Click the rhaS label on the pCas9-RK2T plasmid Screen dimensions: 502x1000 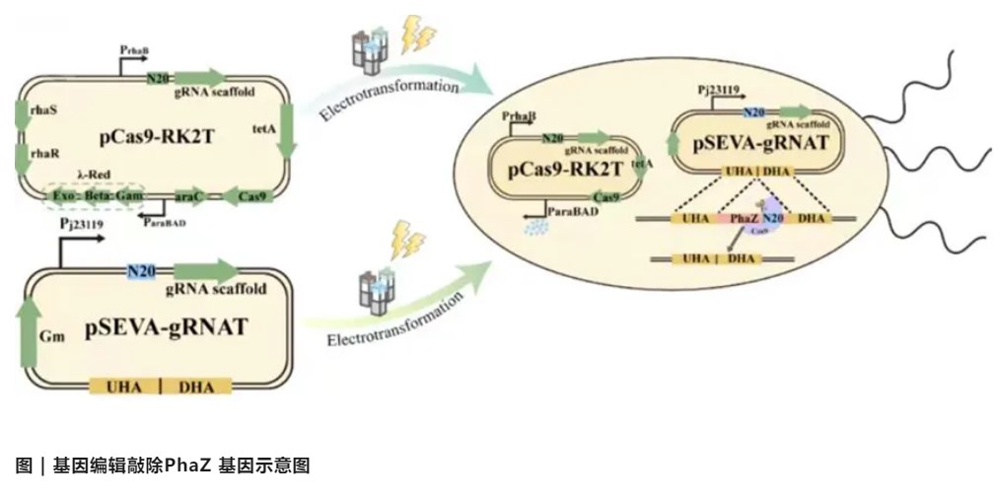click(x=44, y=110)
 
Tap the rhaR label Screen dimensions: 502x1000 click(x=44, y=152)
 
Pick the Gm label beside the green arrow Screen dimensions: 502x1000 click(x=51, y=336)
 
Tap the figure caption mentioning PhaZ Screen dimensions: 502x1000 click(x=164, y=466)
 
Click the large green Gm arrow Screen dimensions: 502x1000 click(x=29, y=334)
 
